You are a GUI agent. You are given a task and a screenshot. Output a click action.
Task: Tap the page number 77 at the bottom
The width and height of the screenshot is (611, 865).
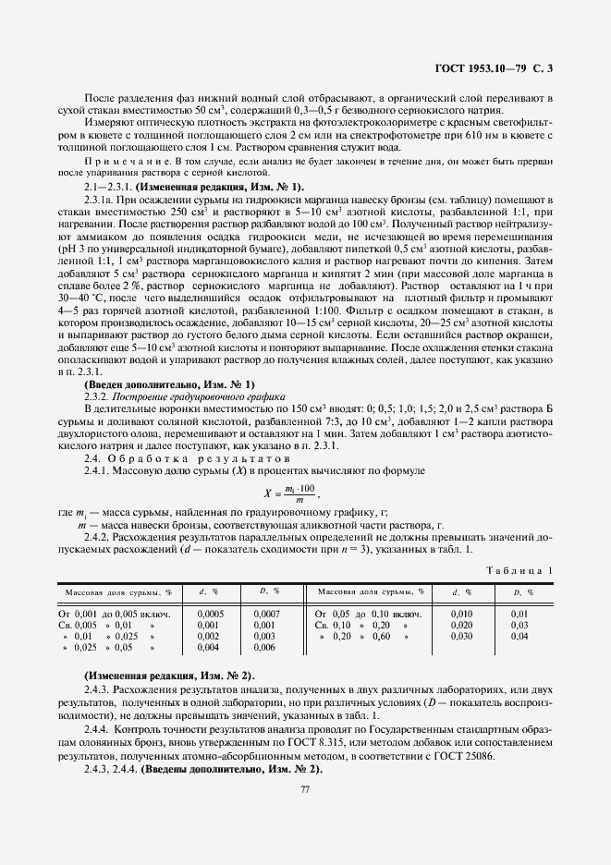click(304, 787)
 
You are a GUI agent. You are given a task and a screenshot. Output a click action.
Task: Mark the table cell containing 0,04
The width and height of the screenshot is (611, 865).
click(519, 636)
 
